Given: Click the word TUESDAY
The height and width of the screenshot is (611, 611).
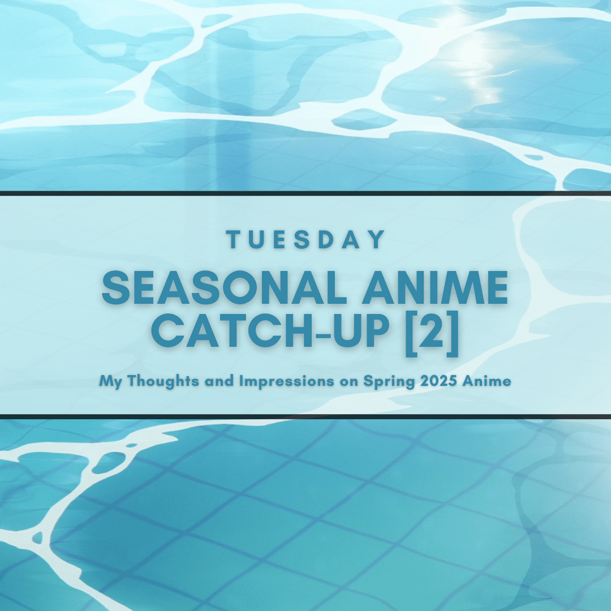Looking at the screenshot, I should (305, 240).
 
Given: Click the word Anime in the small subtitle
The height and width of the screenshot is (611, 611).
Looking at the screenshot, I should (487, 381).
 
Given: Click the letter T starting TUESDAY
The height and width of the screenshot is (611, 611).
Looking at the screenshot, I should (232, 240).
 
